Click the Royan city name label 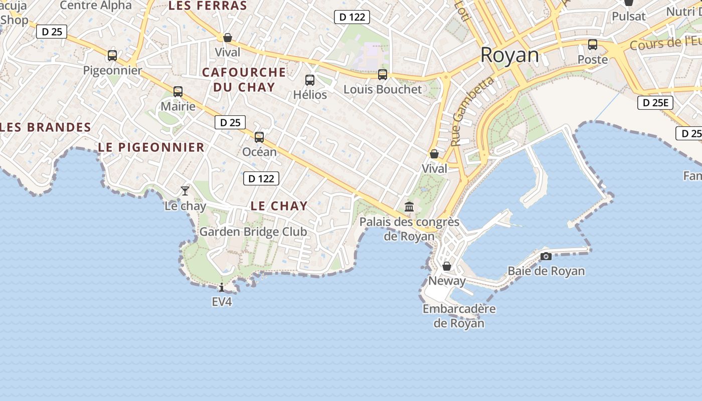click(x=509, y=55)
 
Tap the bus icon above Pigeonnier click(x=112, y=56)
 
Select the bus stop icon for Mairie click(x=178, y=92)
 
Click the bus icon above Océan click(x=259, y=137)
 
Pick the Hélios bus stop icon click(x=310, y=80)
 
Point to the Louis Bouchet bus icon click(x=383, y=75)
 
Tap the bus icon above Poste click(x=593, y=45)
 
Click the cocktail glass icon click(x=185, y=191)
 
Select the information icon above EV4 click(x=222, y=287)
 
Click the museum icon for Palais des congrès click(x=409, y=207)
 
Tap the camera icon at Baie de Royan click(x=546, y=257)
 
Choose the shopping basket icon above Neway click(x=447, y=266)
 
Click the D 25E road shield click(x=655, y=103)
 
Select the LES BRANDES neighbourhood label click(x=46, y=127)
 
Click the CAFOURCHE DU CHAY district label click(x=244, y=80)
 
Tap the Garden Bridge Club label click(x=253, y=232)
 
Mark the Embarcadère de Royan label click(x=459, y=316)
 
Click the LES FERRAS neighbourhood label click(x=208, y=6)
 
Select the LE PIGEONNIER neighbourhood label click(x=151, y=147)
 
